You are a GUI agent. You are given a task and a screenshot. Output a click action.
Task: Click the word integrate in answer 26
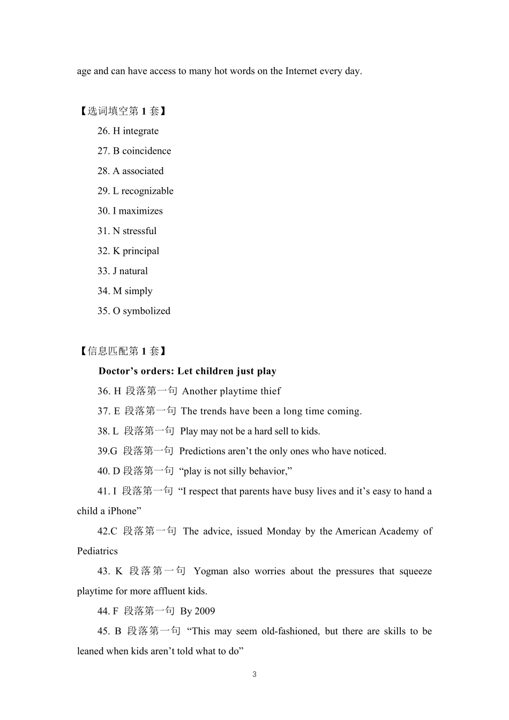[x=140, y=131]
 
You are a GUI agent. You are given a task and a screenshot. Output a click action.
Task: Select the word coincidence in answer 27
[x=146, y=151]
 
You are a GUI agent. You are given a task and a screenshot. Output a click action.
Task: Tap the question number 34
[x=103, y=291]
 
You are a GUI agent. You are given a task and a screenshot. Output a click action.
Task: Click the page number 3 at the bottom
[x=254, y=674]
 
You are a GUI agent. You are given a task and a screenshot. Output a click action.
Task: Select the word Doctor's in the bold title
[x=118, y=371]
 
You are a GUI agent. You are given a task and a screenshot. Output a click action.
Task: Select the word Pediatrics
[x=97, y=551]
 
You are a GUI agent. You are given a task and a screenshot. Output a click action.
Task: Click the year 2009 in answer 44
[x=205, y=611]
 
